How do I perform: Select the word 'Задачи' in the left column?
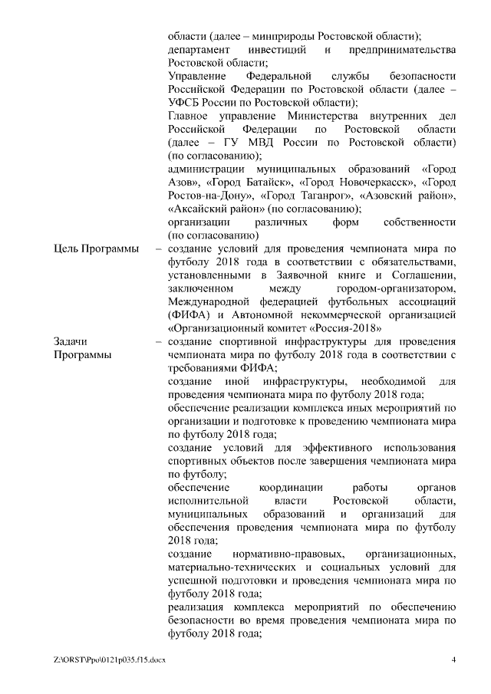click(71, 341)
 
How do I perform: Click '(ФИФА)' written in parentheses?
click(189, 314)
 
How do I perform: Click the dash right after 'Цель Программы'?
click(157, 249)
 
